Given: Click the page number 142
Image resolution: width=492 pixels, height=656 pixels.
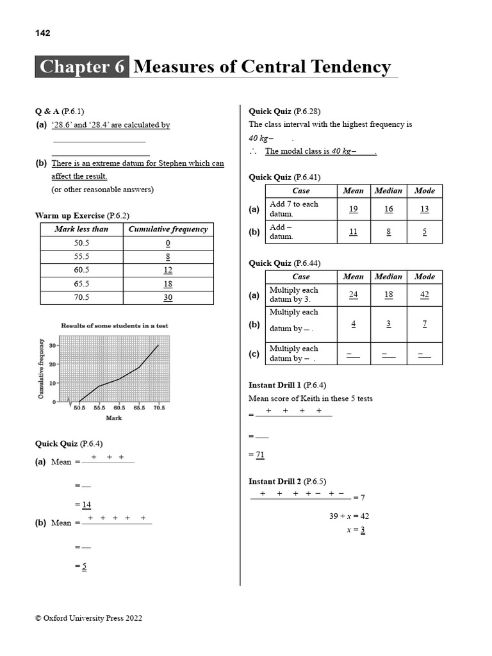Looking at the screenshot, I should [42, 33].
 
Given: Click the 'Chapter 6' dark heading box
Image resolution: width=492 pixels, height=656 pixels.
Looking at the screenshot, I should [82, 67].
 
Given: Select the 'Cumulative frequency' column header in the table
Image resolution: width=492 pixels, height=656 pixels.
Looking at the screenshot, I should [168, 229].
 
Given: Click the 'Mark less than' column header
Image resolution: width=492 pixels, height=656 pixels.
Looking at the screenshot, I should [81, 229].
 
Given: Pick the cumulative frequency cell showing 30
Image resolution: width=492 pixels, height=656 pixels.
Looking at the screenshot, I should [168, 297].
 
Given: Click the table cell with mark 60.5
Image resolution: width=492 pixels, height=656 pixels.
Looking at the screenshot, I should [81, 270].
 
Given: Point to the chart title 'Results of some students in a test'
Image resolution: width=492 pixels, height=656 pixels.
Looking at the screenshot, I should [114, 325].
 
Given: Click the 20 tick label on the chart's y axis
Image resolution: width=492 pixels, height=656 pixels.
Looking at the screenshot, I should [53, 364].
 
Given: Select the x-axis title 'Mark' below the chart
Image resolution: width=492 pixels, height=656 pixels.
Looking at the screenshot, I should [113, 418].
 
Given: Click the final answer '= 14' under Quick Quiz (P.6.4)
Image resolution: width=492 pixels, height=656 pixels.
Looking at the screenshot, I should [83, 504].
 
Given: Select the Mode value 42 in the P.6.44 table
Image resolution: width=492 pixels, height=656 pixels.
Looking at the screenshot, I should [424, 295].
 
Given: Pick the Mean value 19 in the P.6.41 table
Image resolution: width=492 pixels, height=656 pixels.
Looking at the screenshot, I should [353, 209].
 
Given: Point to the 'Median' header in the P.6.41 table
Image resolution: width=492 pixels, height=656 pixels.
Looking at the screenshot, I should [388, 191].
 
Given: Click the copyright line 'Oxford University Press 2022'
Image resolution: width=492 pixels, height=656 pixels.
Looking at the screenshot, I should [88, 618].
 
